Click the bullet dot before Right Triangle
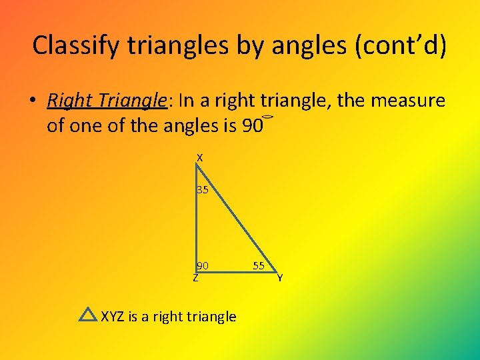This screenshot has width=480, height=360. pyautogui.click(x=31, y=101)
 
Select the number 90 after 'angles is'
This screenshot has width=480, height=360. pyautogui.click(x=251, y=125)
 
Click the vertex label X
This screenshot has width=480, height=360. pyautogui.click(x=199, y=158)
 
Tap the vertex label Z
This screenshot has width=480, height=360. pyautogui.click(x=195, y=278)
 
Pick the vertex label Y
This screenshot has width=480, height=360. pyautogui.click(x=280, y=278)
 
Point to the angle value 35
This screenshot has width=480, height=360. pyautogui.click(x=203, y=190)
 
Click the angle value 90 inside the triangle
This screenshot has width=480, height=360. pyautogui.click(x=203, y=266)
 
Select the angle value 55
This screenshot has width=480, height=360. pyautogui.click(x=259, y=266)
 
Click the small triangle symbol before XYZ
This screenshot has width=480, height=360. pyautogui.click(x=87, y=315)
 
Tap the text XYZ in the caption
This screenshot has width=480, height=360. pyautogui.click(x=113, y=316)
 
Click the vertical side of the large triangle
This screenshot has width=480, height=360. pyautogui.click(x=196, y=220)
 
